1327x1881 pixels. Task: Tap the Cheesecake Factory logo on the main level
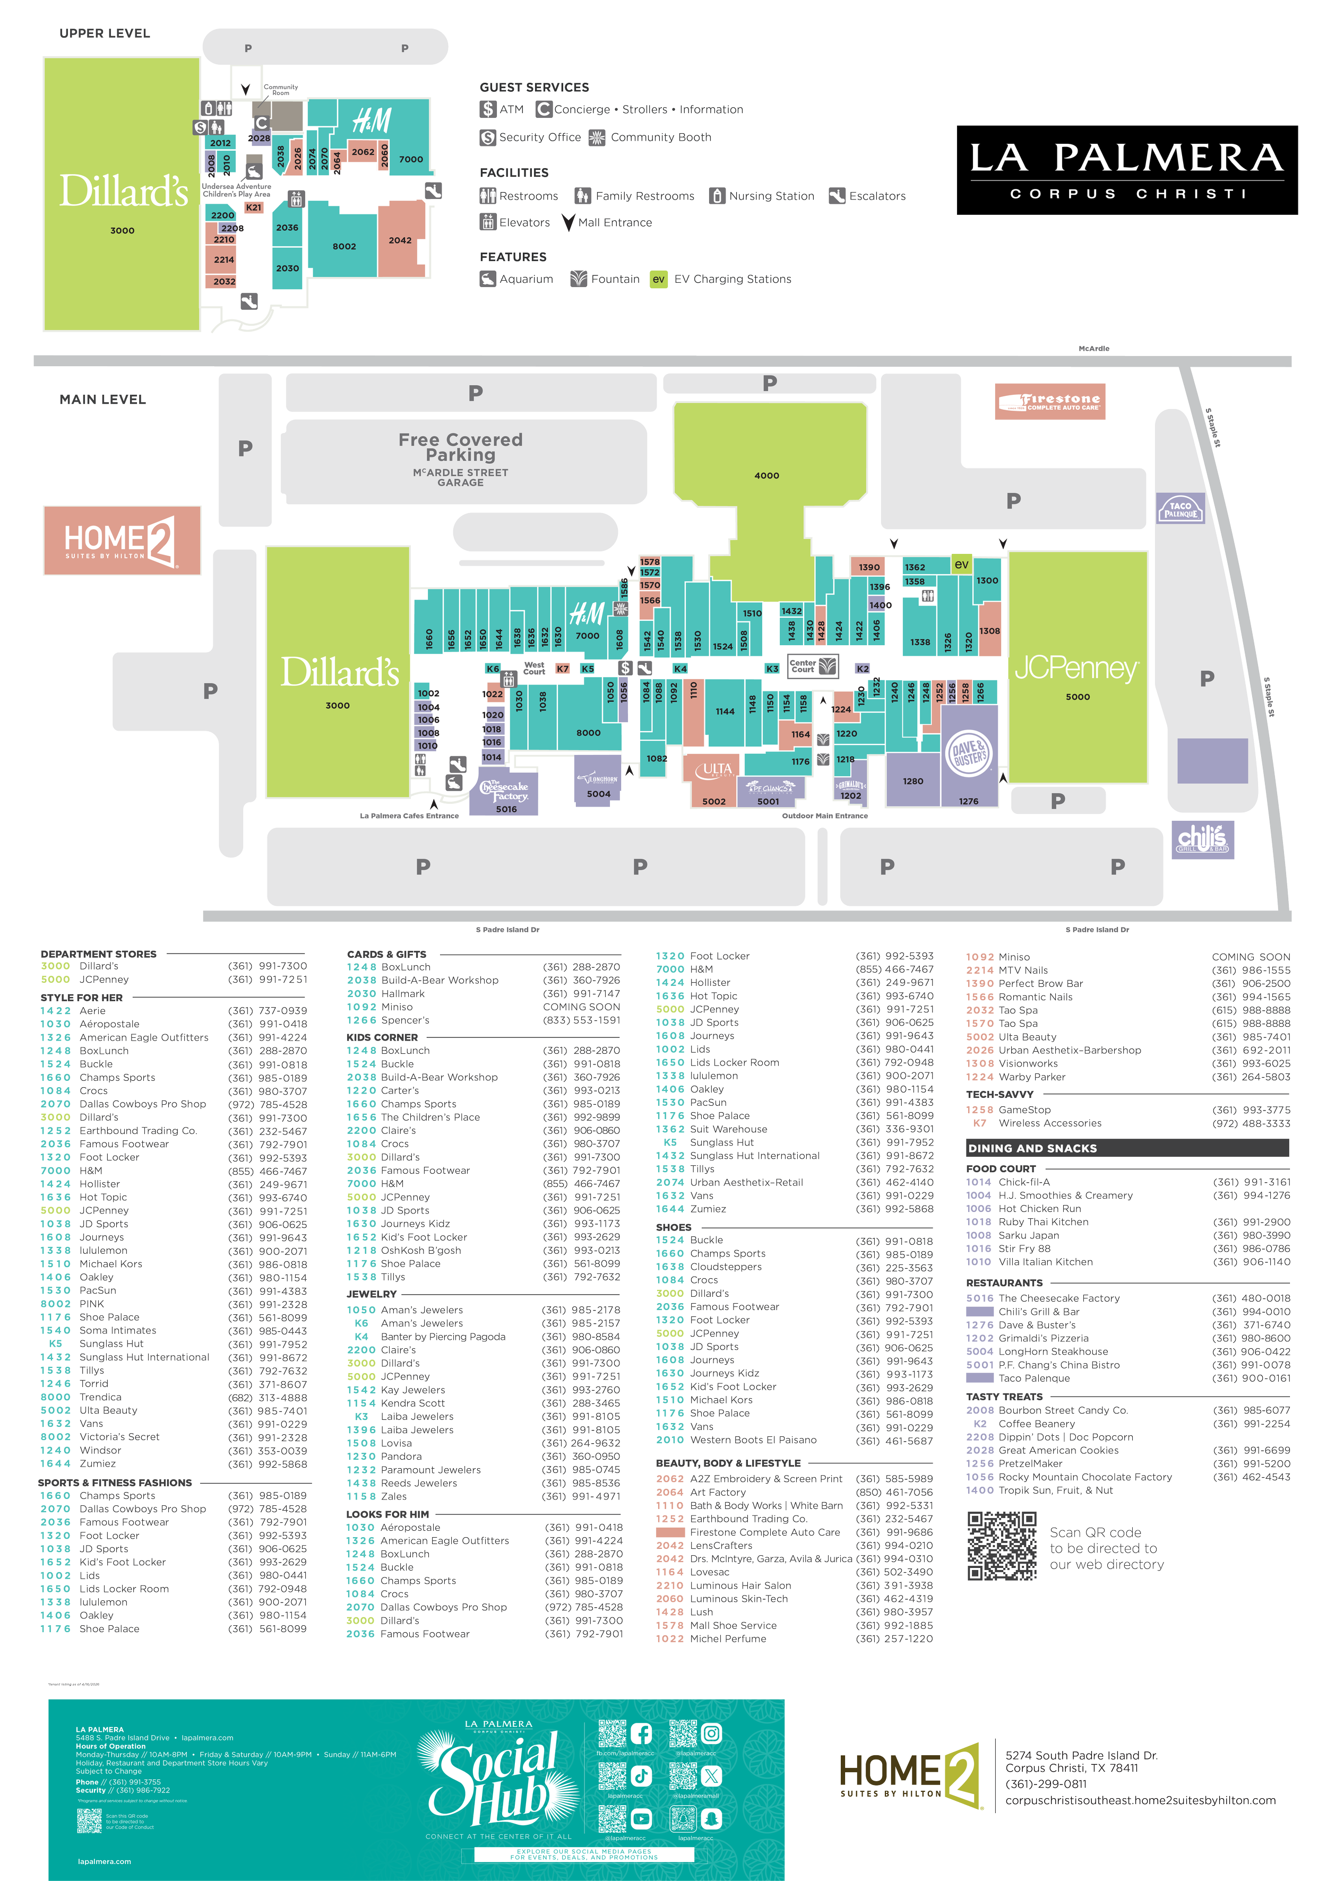[x=504, y=791]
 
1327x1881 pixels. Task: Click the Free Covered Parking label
[x=461, y=447]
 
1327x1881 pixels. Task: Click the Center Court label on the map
[x=803, y=666]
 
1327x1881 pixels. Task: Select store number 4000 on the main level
[x=766, y=475]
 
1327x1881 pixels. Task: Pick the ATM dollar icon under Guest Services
[x=488, y=109]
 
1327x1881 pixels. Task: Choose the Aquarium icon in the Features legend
[x=488, y=279]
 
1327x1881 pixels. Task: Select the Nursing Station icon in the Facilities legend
[x=717, y=196]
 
